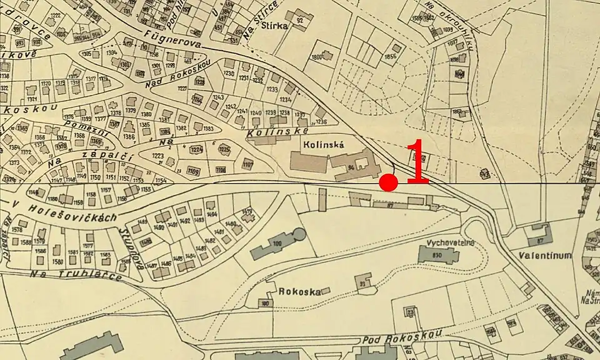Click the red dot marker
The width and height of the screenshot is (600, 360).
pos(389,182)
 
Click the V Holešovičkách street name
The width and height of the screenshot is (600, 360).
pos(66,209)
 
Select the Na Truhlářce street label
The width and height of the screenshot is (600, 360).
pos(76,273)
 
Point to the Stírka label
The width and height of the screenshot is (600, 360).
pos(275,26)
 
